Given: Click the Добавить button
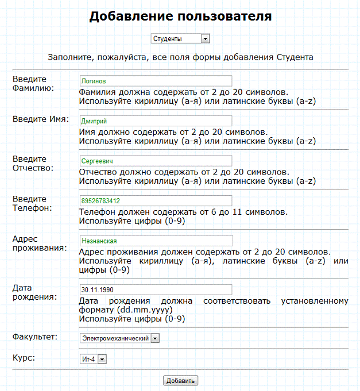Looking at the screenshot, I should point(181,381).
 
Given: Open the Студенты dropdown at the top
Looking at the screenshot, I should point(180,38).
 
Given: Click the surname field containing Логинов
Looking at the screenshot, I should point(156,81).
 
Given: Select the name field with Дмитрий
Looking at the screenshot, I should point(156,121).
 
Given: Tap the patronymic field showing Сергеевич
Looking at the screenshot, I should point(156,161).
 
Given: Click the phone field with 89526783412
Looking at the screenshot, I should point(156,201).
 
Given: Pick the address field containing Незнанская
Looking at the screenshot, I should point(156,241).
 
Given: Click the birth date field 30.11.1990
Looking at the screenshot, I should point(156,290).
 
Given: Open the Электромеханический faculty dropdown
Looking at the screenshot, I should point(119,338).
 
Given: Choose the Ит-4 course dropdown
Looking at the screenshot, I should point(93,359).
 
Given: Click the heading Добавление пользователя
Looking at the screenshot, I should point(180,16).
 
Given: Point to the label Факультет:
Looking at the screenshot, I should point(34,336).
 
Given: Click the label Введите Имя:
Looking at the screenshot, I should point(41,119).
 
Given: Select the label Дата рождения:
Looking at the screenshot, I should point(34,292).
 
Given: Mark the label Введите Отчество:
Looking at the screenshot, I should point(33,163).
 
